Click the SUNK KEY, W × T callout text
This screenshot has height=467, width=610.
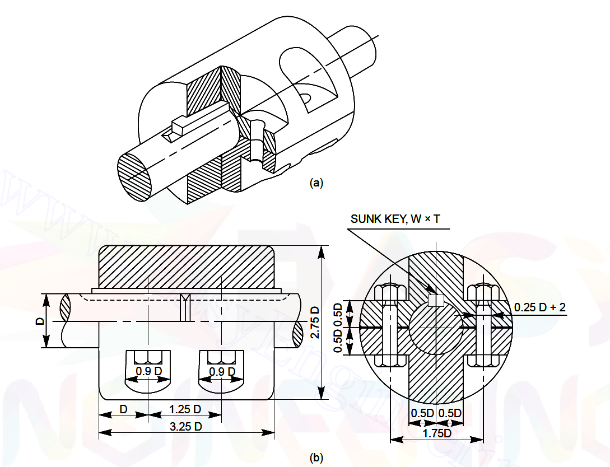[x=395, y=218]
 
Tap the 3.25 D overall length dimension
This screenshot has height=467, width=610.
[x=186, y=427]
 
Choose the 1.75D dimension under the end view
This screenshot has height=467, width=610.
[x=437, y=433]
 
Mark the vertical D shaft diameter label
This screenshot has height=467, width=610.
[x=39, y=321]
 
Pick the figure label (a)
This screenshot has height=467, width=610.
[x=316, y=183]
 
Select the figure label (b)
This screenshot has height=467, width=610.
[x=316, y=458]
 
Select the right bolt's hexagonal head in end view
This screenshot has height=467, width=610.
[x=483, y=292]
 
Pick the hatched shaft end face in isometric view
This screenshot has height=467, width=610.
[x=134, y=176]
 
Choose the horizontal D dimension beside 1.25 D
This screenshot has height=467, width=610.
[x=123, y=409]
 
